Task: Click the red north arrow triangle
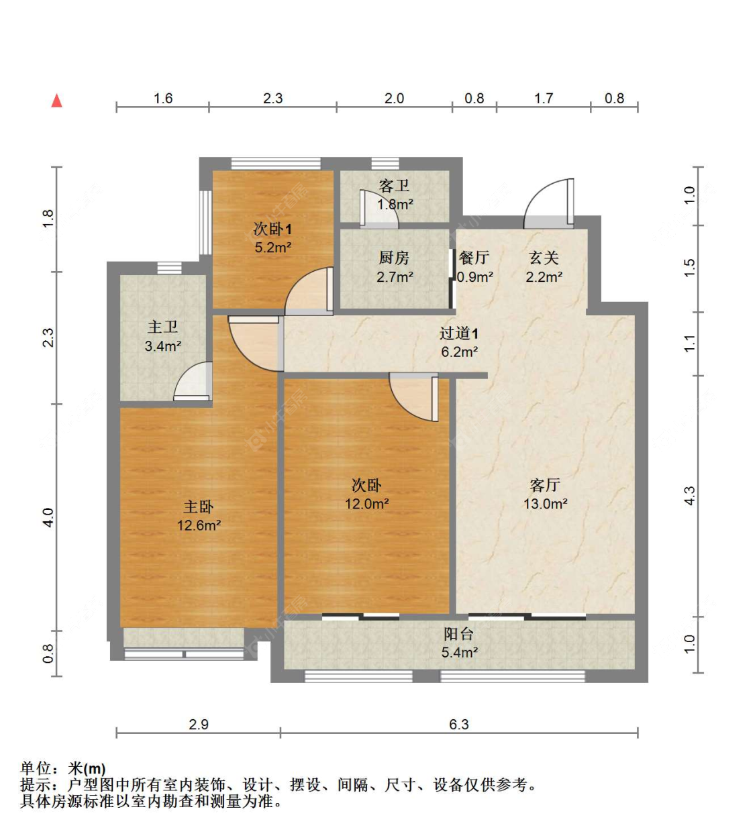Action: pyautogui.click(x=57, y=101)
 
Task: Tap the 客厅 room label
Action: pyautogui.click(x=544, y=484)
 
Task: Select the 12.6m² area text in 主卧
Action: pyautogui.click(x=199, y=526)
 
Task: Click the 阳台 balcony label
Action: pyautogui.click(x=459, y=633)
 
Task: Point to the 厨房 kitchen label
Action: pyautogui.click(x=394, y=258)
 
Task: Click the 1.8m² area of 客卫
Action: pyautogui.click(x=395, y=205)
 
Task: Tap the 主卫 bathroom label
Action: pyautogui.click(x=163, y=327)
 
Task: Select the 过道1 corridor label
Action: pyautogui.click(x=459, y=333)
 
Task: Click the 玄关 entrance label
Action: pyautogui.click(x=544, y=258)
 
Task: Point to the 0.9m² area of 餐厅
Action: pyautogui.click(x=475, y=276)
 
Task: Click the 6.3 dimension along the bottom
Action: pyautogui.click(x=459, y=725)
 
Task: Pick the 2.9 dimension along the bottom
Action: pyautogui.click(x=199, y=725)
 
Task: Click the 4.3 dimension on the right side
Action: pyautogui.click(x=689, y=496)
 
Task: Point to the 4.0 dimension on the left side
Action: pyautogui.click(x=48, y=517)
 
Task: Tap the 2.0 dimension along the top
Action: pyautogui.click(x=394, y=99)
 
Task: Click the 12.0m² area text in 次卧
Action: pyautogui.click(x=367, y=504)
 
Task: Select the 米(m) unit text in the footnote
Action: pyautogui.click(x=87, y=769)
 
